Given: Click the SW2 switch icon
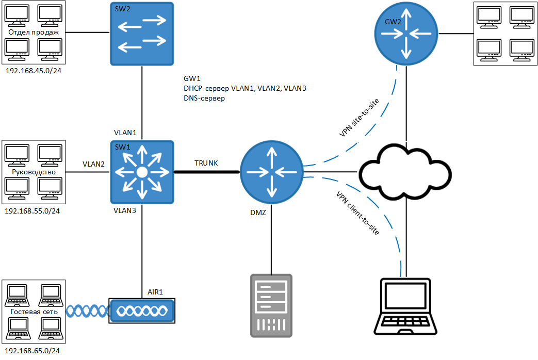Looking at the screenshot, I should pos(142,34).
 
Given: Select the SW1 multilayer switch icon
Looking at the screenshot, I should pos(142,172).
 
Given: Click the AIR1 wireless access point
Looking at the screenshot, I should pos(142,310).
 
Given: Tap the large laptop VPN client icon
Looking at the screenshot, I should pos(405,306).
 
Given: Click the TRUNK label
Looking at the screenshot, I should pos(206,163).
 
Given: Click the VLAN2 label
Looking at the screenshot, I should pos(94,164).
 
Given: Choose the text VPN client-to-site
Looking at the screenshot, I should pos(357,213).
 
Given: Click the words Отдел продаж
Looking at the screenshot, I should pos(34,32).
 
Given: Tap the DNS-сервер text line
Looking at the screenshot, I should pos(204,98).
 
